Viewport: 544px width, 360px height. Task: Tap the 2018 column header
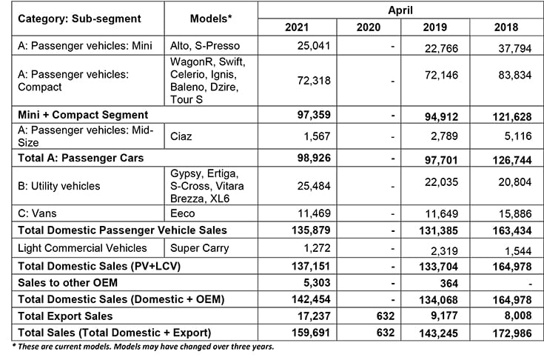[x=506, y=28]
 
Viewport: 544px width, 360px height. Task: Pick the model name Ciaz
[x=183, y=136]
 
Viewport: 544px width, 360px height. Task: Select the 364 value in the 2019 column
[x=443, y=281]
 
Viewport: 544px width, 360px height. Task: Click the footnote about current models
[x=141, y=347]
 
